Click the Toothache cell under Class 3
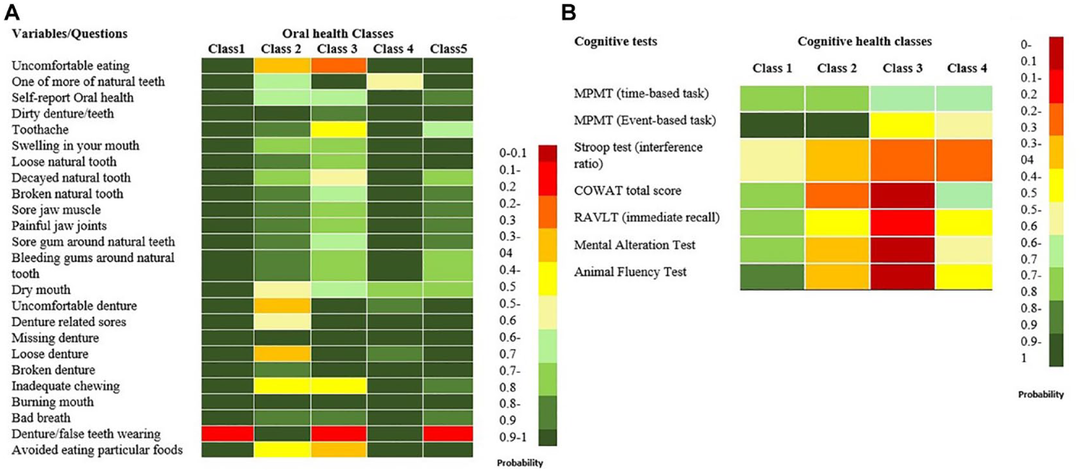click(x=338, y=129)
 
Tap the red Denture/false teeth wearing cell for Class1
click(x=228, y=434)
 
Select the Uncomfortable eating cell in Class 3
click(x=338, y=65)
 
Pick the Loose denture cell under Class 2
click(x=282, y=354)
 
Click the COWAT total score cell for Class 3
click(x=902, y=195)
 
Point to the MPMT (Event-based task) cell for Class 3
click(x=902, y=125)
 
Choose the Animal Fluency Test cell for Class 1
click(x=772, y=277)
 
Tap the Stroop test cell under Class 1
click(x=772, y=160)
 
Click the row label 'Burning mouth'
click(x=53, y=402)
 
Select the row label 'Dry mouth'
click(x=41, y=290)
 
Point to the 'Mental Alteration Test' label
click(x=634, y=245)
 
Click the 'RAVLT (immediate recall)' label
click(x=647, y=217)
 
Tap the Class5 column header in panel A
click(x=448, y=49)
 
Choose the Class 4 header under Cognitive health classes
click(x=967, y=68)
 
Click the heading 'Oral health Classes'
click(x=338, y=33)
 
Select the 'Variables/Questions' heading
click(x=70, y=33)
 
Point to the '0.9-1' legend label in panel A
click(x=512, y=437)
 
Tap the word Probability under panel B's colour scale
click(x=1041, y=394)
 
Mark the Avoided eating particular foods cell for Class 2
click(x=282, y=450)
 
